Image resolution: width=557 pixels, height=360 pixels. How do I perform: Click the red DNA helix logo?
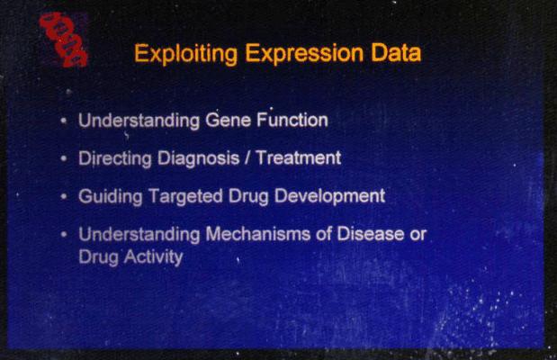point(64,39)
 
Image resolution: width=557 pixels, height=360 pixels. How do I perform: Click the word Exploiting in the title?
point(185,54)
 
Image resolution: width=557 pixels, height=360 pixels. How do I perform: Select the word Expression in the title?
point(304,54)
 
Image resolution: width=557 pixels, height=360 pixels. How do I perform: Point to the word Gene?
point(228,120)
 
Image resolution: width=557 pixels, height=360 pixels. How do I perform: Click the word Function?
point(292,120)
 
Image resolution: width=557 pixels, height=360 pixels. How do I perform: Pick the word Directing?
point(115,158)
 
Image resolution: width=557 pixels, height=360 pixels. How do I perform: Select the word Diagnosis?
point(198,158)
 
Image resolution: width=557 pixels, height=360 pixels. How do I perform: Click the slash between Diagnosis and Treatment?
point(247,157)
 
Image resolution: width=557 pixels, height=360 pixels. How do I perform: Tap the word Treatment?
point(299,157)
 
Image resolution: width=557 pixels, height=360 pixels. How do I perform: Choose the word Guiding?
point(111,196)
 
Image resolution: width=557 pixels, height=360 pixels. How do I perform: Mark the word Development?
point(330,196)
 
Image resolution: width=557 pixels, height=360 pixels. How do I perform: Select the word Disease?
point(371,234)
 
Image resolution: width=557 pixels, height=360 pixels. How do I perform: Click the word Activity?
point(154,256)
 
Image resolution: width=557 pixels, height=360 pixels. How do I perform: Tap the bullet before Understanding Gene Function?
point(64,121)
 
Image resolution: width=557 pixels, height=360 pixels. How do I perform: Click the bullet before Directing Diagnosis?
point(64,158)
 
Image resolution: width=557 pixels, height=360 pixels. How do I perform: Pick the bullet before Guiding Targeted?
point(64,196)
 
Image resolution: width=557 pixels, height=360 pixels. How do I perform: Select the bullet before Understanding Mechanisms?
point(64,234)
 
